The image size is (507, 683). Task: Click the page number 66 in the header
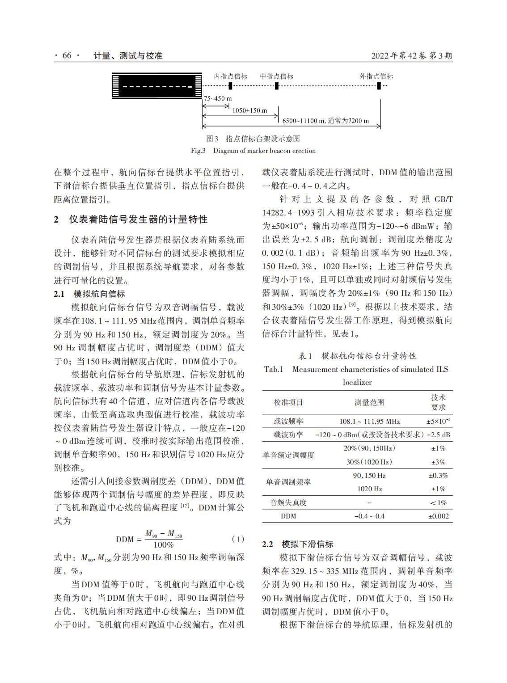click(x=67, y=56)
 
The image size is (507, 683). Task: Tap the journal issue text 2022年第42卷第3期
click(x=412, y=56)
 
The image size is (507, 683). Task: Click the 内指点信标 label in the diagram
click(x=230, y=76)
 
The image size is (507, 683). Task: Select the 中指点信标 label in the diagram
click(x=277, y=76)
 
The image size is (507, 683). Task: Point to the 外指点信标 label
click(x=376, y=76)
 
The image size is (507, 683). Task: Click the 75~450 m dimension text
click(x=218, y=98)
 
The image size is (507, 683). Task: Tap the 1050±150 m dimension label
click(x=249, y=110)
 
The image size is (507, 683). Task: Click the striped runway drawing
click(x=156, y=86)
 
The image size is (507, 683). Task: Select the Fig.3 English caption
click(x=253, y=151)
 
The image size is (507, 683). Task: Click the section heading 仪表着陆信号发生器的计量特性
click(x=138, y=219)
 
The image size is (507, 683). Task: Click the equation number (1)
click(x=238, y=539)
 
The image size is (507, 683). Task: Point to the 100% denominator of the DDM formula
click(x=163, y=545)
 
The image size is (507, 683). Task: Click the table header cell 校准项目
click(x=288, y=402)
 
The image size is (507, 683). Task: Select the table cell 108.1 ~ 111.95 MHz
click(x=369, y=421)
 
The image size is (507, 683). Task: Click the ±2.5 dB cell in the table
click(x=438, y=434)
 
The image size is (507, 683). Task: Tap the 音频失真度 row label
click(x=288, y=502)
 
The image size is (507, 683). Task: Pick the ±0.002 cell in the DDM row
click(x=438, y=516)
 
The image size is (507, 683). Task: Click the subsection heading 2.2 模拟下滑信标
click(x=297, y=544)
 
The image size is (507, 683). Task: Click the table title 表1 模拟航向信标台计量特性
click(x=357, y=356)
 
